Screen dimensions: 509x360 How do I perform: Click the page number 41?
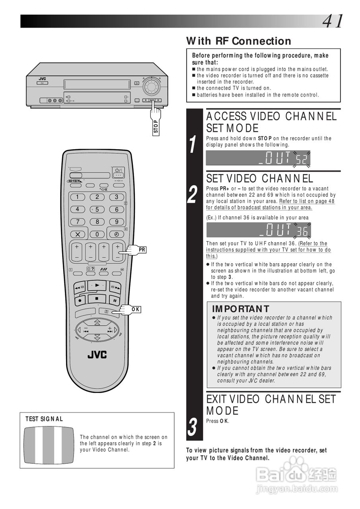tap(333, 21)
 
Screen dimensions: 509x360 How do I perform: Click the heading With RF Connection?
tap(239, 41)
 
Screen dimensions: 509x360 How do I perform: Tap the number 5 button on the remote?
tap(97, 209)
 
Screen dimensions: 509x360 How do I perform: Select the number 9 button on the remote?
tap(117, 222)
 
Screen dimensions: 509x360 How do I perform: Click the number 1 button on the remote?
tap(78, 197)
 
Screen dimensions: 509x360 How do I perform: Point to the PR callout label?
tap(142, 250)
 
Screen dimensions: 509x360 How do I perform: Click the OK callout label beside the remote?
tap(136, 309)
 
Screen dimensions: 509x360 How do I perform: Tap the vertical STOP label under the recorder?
tap(156, 127)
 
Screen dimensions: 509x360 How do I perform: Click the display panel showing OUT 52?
tap(258, 159)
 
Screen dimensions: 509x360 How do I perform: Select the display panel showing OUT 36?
tap(258, 230)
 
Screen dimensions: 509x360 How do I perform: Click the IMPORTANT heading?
tap(240, 309)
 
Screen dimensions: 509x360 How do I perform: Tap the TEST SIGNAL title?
tap(44, 419)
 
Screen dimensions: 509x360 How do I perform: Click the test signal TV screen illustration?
tap(49, 445)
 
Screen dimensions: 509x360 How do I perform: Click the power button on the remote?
tap(118, 172)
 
